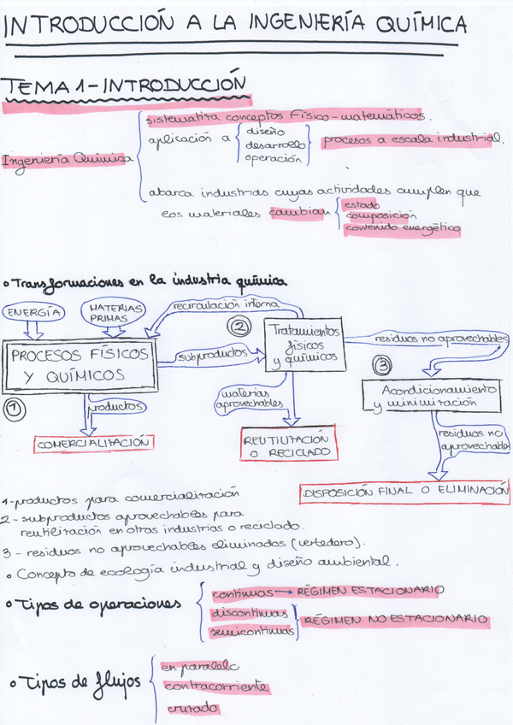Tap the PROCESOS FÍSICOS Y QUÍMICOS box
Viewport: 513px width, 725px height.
(80, 365)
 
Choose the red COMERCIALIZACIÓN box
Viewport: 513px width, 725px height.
(95, 444)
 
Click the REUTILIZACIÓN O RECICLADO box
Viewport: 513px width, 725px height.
(290, 443)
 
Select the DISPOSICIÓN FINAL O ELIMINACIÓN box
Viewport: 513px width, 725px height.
(404, 493)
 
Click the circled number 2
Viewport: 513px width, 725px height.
(240, 326)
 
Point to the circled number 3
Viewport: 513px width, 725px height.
(381, 363)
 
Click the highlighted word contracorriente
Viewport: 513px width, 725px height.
(215, 687)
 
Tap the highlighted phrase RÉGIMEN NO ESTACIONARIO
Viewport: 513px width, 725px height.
(396, 619)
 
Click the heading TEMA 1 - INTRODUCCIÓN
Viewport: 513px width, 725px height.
(124, 87)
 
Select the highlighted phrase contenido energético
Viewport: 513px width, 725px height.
(401, 228)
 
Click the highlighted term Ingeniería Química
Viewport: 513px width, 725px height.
(69, 159)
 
